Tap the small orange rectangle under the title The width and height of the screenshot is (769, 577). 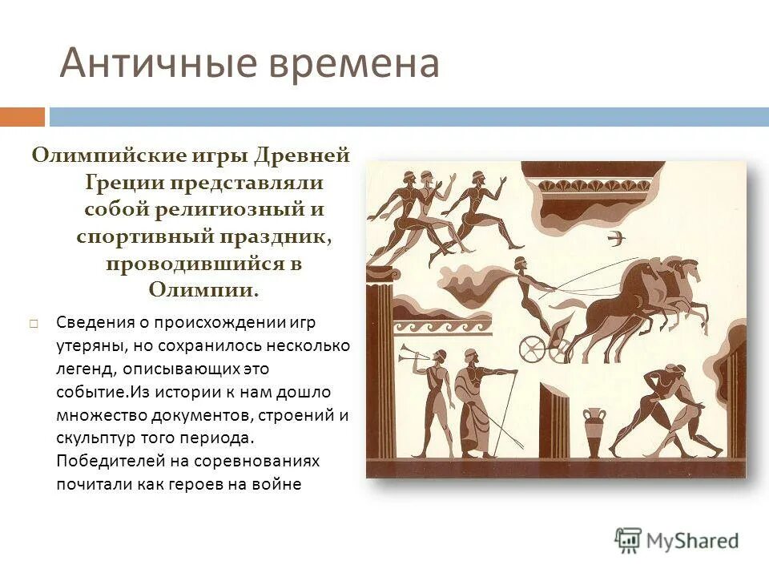pyautogui.click(x=22, y=117)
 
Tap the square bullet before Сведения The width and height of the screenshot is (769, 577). pyautogui.click(x=34, y=323)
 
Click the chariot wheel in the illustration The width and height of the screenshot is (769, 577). pyautogui.click(x=533, y=349)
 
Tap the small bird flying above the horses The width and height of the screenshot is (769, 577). pyautogui.click(x=616, y=237)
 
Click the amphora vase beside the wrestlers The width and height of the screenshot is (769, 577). pyautogui.click(x=594, y=433)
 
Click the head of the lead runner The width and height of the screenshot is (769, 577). pyautogui.click(x=477, y=177)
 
